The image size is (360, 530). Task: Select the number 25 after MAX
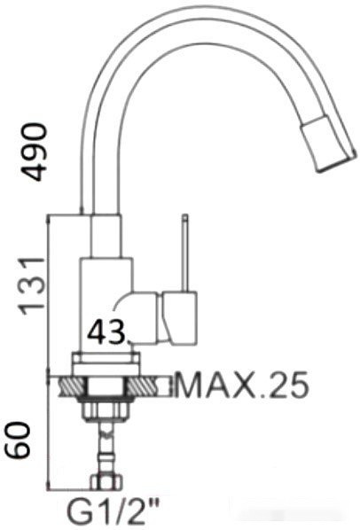[289, 386]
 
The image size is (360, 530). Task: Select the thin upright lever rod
[185, 253]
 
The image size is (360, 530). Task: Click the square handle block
[183, 319]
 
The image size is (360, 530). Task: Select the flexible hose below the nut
[107, 448]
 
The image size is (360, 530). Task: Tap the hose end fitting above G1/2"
[107, 484]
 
